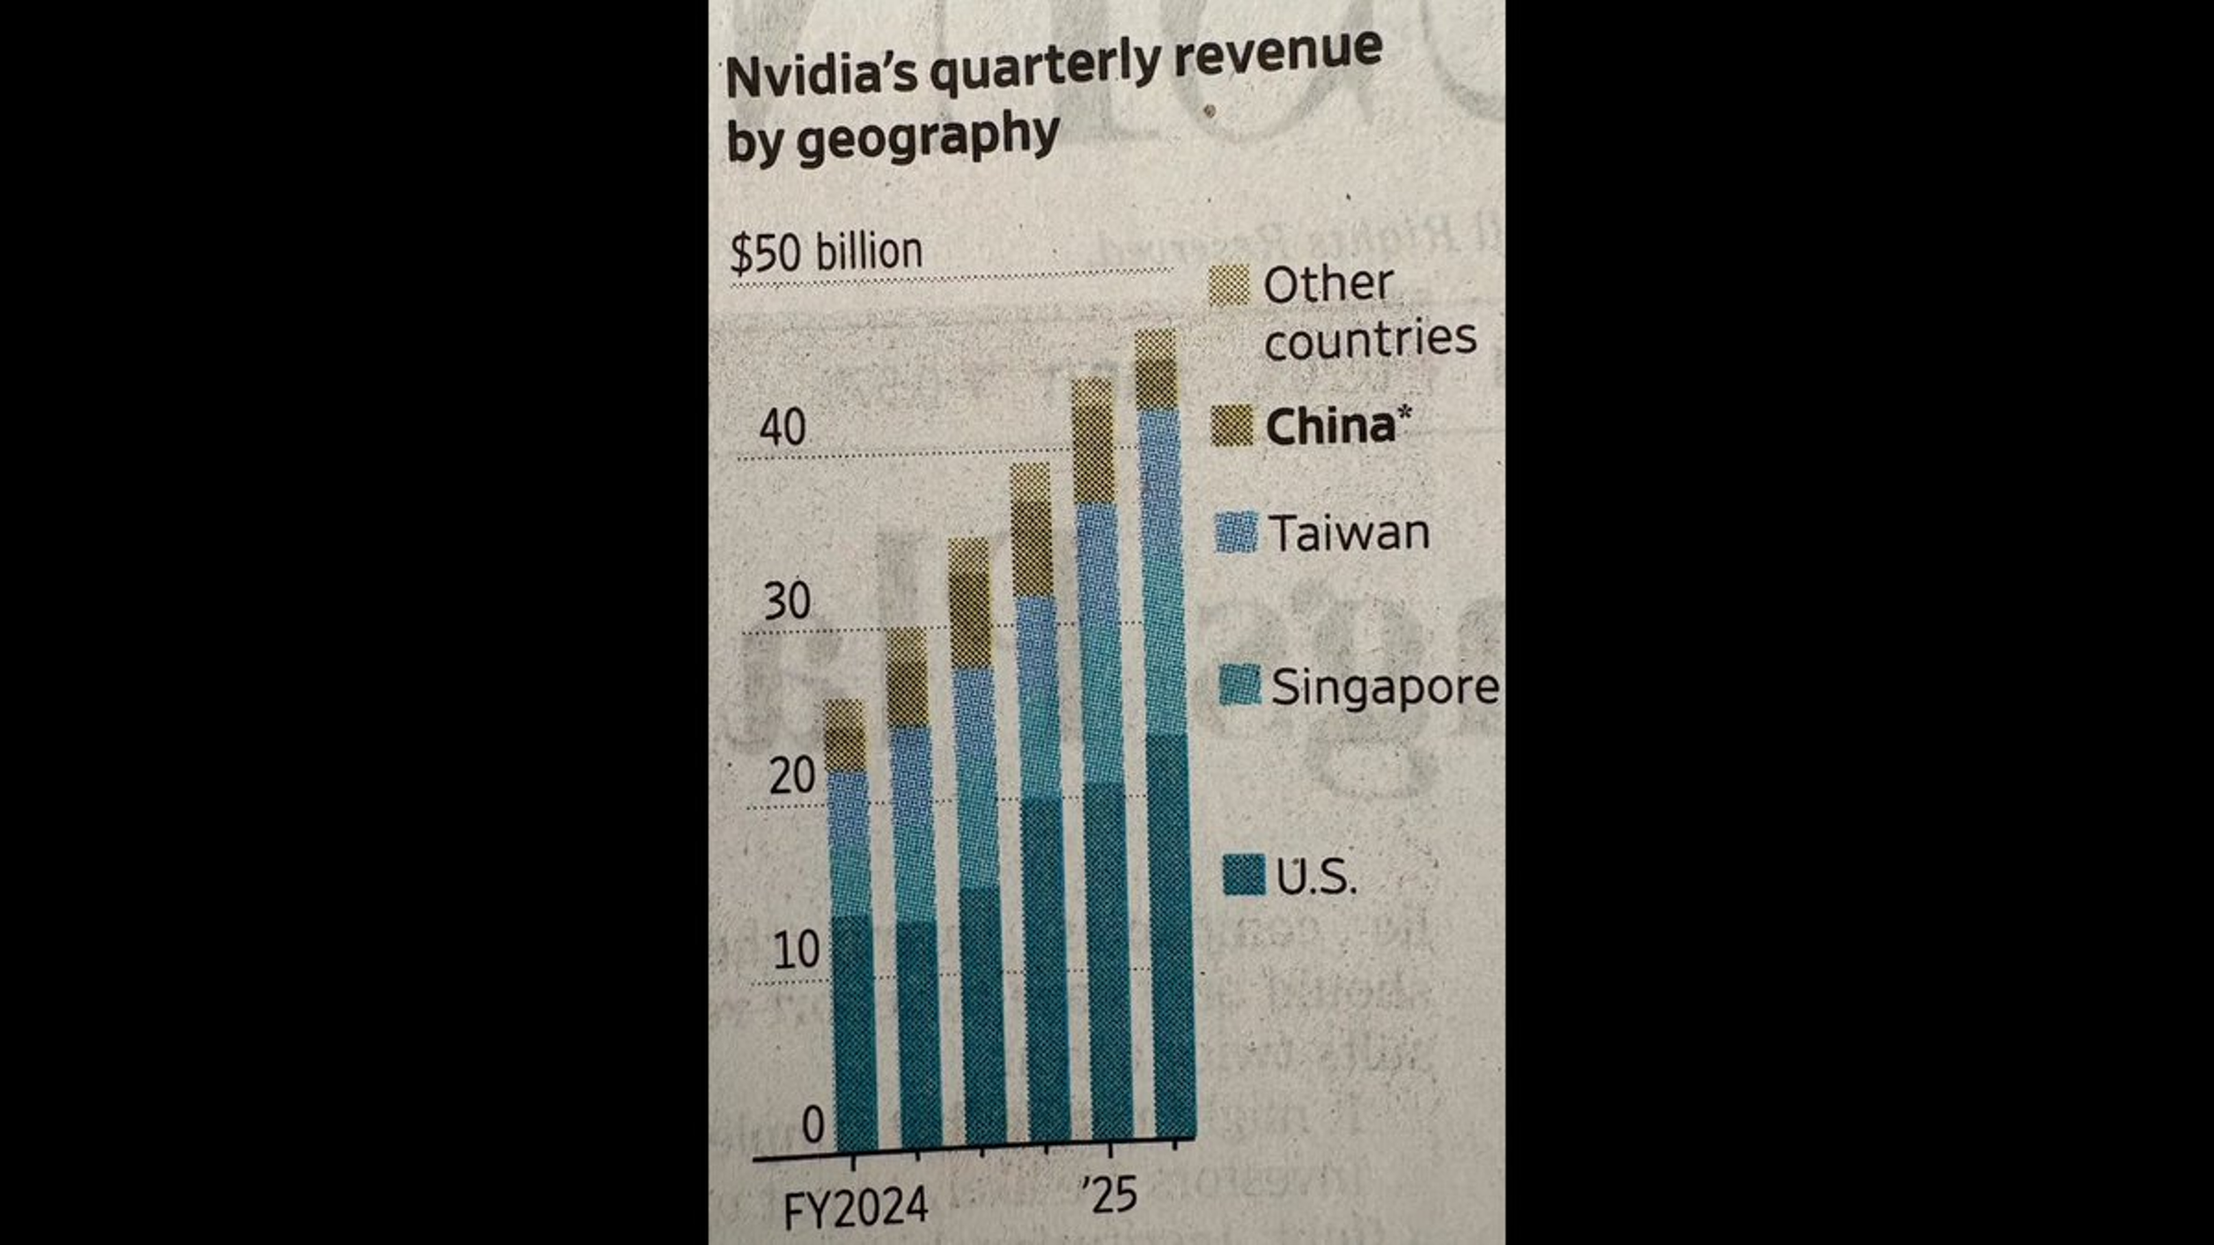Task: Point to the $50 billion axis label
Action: point(825,252)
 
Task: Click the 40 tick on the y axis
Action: point(783,428)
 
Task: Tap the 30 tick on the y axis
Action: point(786,601)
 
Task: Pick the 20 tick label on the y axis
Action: point(792,777)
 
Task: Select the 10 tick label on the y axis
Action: point(796,951)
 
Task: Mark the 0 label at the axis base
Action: point(812,1125)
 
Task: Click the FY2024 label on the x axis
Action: point(855,1208)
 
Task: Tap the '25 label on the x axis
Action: point(1109,1195)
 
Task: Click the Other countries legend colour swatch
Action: point(1229,285)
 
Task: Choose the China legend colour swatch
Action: point(1232,425)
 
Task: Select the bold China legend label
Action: point(1330,427)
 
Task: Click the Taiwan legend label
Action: point(1350,533)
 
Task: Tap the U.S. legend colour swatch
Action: point(1243,875)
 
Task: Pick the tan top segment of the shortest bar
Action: point(845,735)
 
